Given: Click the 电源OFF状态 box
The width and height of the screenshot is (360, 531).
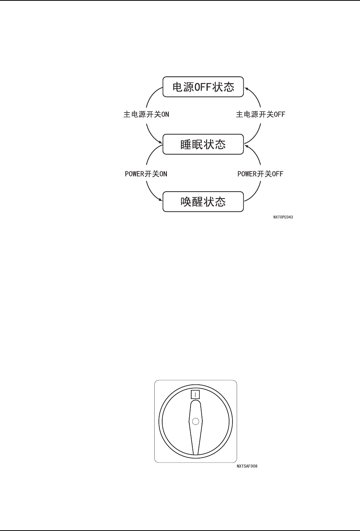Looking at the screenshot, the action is pyautogui.click(x=203, y=87).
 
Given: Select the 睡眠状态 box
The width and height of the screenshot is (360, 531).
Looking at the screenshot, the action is pyautogui.click(x=203, y=144).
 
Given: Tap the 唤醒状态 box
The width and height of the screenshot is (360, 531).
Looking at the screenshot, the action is pyautogui.click(x=203, y=202).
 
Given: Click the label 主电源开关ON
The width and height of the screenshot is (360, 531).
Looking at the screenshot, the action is pyautogui.click(x=146, y=115).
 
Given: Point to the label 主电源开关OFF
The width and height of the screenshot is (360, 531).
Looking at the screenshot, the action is pyautogui.click(x=260, y=115).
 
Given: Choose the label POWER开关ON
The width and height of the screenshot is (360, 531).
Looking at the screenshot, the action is pyautogui.click(x=146, y=174).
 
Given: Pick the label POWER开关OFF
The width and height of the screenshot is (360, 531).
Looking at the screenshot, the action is pyautogui.click(x=260, y=174).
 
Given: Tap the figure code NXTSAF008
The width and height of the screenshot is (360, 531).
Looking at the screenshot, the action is pyautogui.click(x=247, y=466).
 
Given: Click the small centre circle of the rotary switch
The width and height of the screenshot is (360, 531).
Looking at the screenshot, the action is pyautogui.click(x=196, y=421).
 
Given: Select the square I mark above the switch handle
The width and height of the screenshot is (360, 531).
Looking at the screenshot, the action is pyautogui.click(x=195, y=394).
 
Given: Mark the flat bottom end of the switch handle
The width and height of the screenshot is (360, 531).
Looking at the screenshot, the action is pyautogui.click(x=196, y=454).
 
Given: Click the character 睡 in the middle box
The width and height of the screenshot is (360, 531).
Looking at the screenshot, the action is pyautogui.click(x=186, y=145).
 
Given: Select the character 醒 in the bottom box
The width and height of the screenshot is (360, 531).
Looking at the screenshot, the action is pyautogui.click(x=197, y=202).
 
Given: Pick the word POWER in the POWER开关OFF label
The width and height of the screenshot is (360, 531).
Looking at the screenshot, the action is pyautogui.click(x=247, y=174).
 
